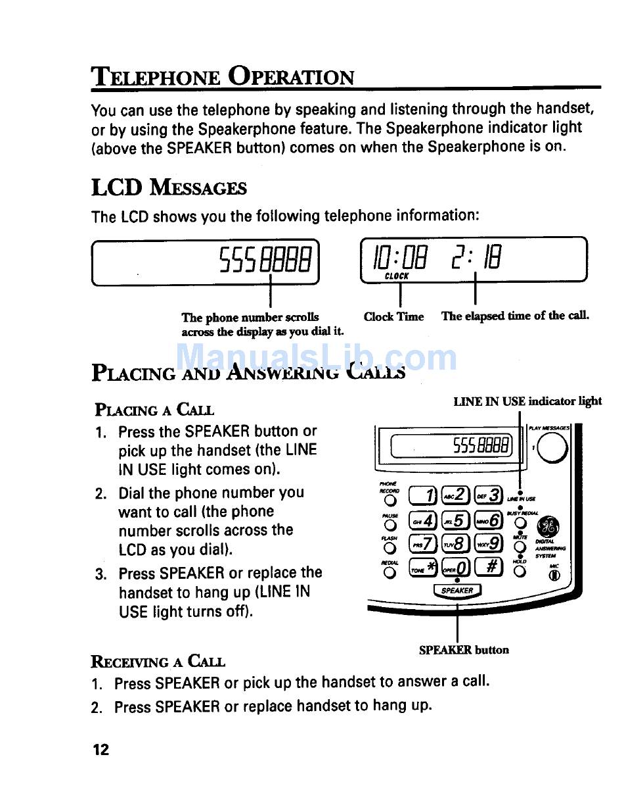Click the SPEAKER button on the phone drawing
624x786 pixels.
click(x=457, y=591)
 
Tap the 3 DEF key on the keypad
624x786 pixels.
click(x=487, y=495)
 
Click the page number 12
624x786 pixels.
click(x=100, y=749)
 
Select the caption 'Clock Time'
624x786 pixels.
click(x=394, y=316)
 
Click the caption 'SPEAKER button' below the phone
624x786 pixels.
click(x=464, y=650)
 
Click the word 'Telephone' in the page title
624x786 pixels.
click(x=156, y=78)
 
